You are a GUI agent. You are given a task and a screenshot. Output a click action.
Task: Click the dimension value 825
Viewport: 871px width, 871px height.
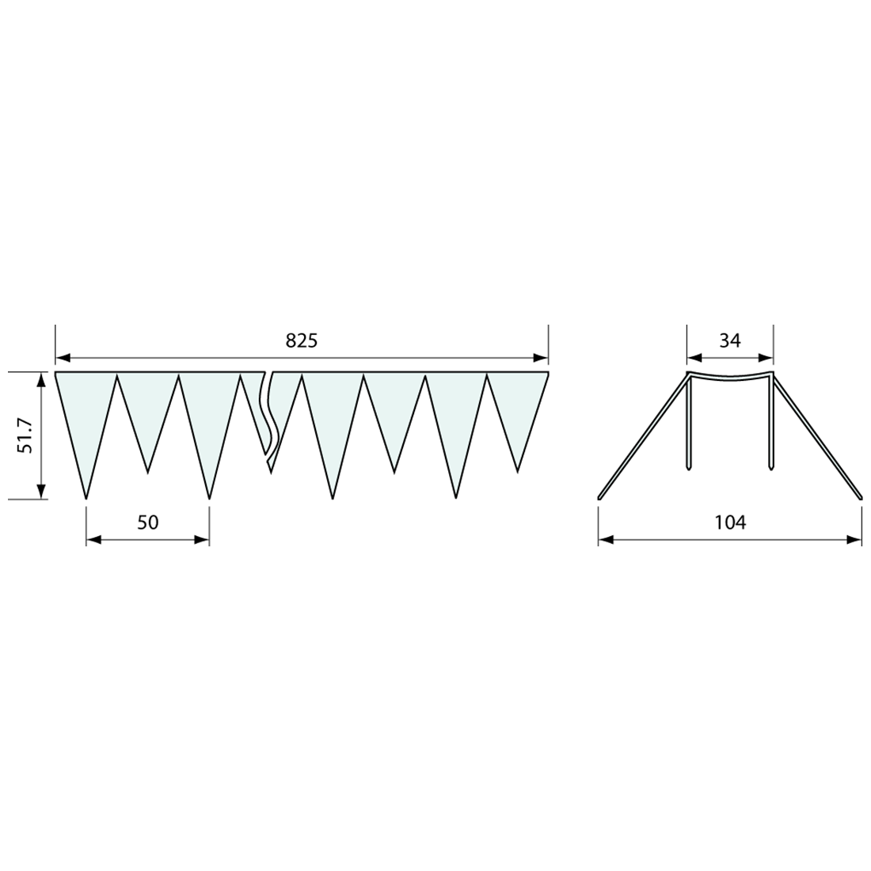[301, 340]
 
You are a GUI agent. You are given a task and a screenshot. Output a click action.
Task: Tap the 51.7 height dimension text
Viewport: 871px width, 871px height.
[25, 435]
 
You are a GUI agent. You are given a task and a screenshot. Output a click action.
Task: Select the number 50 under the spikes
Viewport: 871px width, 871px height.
[148, 522]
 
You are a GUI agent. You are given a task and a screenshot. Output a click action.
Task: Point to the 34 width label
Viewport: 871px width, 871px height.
[729, 340]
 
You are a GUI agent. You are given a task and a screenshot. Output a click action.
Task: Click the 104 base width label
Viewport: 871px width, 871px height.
[729, 522]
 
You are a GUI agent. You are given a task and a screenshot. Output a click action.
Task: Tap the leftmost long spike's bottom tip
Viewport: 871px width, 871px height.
[86, 498]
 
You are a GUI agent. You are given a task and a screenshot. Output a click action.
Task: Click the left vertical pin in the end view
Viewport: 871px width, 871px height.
[690, 424]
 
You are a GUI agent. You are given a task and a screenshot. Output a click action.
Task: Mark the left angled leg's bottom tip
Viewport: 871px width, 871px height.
[599, 498]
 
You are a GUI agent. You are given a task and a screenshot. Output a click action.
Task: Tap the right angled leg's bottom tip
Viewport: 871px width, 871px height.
[860, 498]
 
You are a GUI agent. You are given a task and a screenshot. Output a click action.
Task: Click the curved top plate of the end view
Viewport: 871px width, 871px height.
[729, 375]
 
